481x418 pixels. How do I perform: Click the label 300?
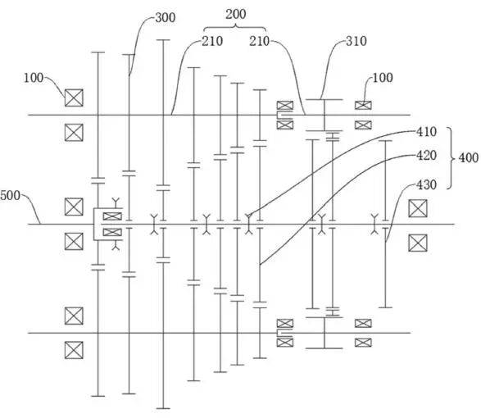(x=166, y=17)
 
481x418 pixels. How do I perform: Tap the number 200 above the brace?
(x=236, y=14)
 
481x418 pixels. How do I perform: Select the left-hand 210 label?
(x=212, y=41)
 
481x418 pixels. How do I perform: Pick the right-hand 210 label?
(x=259, y=41)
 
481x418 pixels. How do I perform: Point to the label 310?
(x=356, y=41)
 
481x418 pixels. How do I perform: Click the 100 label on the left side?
(x=34, y=78)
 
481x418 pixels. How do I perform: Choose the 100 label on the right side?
(x=383, y=77)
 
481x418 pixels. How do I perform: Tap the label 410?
(x=426, y=132)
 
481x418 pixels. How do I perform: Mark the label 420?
(x=426, y=155)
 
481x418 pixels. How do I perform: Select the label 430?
(x=426, y=184)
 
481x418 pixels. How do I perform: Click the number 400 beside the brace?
(x=469, y=157)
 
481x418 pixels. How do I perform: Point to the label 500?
(x=10, y=196)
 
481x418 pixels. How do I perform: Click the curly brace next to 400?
(x=452, y=157)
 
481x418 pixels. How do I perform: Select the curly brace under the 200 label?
(x=236, y=27)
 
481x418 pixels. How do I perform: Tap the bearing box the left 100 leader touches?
(x=74, y=98)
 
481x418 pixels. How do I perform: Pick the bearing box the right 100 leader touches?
(x=363, y=105)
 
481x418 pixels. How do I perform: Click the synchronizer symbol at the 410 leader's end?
(x=249, y=225)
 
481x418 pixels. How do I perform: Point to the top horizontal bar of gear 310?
(x=324, y=99)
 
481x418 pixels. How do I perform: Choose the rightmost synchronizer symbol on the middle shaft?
(x=374, y=225)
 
